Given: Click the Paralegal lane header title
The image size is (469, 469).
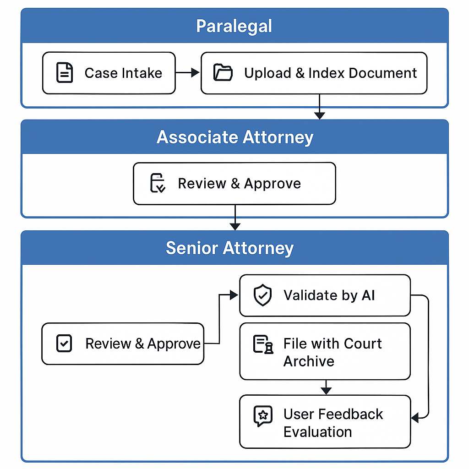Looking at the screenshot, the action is [234, 26].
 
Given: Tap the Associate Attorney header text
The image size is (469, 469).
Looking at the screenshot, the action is [235, 137].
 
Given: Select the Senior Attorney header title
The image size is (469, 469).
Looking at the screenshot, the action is [230, 248].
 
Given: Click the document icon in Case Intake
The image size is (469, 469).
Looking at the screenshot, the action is [65, 72].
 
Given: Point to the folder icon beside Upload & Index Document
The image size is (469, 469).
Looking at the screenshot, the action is [223, 72].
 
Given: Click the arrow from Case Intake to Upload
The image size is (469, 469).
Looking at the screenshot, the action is [187, 72].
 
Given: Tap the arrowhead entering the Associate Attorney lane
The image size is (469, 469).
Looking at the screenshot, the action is [319, 116].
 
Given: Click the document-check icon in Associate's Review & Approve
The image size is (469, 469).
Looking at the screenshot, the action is [158, 183].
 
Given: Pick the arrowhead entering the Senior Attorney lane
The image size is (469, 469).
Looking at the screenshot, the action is [235, 227].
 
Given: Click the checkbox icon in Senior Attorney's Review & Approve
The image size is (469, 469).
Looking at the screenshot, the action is [64, 343].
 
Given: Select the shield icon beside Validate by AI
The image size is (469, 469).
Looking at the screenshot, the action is [262, 295].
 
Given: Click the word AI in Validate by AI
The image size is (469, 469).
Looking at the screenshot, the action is [368, 295].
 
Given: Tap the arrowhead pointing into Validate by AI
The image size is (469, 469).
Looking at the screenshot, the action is [234, 295].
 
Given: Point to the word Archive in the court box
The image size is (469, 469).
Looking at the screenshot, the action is [309, 361].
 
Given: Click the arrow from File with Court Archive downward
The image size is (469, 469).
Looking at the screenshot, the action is [326, 387].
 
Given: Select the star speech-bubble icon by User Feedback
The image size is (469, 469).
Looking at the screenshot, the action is [263, 416].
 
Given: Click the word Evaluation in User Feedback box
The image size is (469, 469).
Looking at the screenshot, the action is [318, 432].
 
